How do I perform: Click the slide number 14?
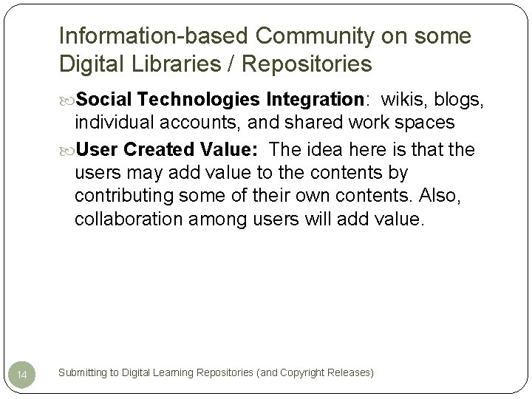(23, 376)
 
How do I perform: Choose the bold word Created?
(160, 150)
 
